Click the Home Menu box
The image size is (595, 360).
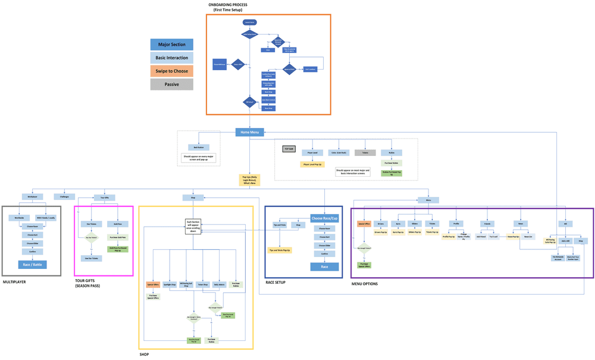(250, 132)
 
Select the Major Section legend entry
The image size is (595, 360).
(171, 45)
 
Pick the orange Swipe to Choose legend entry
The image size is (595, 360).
(171, 71)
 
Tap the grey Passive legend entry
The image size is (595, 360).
(171, 84)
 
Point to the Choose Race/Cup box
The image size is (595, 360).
(325, 218)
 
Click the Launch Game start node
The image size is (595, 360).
(249, 22)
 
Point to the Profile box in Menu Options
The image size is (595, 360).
(456, 224)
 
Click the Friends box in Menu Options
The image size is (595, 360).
(486, 224)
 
